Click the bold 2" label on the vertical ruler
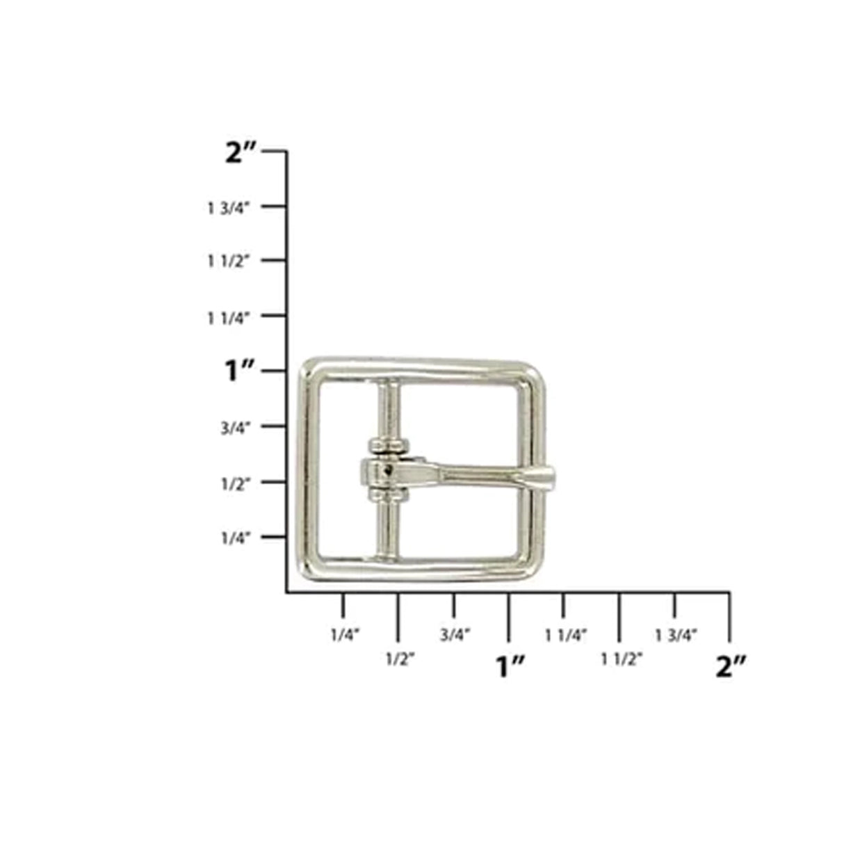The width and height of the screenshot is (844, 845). pyautogui.click(x=242, y=152)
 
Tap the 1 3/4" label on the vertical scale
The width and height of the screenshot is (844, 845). pyautogui.click(x=228, y=207)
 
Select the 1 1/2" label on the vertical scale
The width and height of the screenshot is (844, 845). pyautogui.click(x=228, y=261)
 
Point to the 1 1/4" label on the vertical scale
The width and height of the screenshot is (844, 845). pyautogui.click(x=228, y=317)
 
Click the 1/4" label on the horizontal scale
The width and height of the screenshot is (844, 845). pyautogui.click(x=344, y=634)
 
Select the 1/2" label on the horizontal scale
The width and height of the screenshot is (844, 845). pyautogui.click(x=400, y=659)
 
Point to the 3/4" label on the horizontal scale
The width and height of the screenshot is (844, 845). pyautogui.click(x=455, y=634)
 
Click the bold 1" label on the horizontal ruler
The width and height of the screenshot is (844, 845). pyautogui.click(x=509, y=667)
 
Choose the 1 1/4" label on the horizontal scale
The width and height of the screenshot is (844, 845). pyautogui.click(x=567, y=634)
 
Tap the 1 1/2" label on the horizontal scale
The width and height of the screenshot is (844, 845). pyautogui.click(x=621, y=659)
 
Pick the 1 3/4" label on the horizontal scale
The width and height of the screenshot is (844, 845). pyautogui.click(x=676, y=634)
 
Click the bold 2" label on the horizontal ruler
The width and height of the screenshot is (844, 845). pyautogui.click(x=730, y=667)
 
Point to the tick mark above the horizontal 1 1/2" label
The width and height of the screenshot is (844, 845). pyautogui.click(x=619, y=616)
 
